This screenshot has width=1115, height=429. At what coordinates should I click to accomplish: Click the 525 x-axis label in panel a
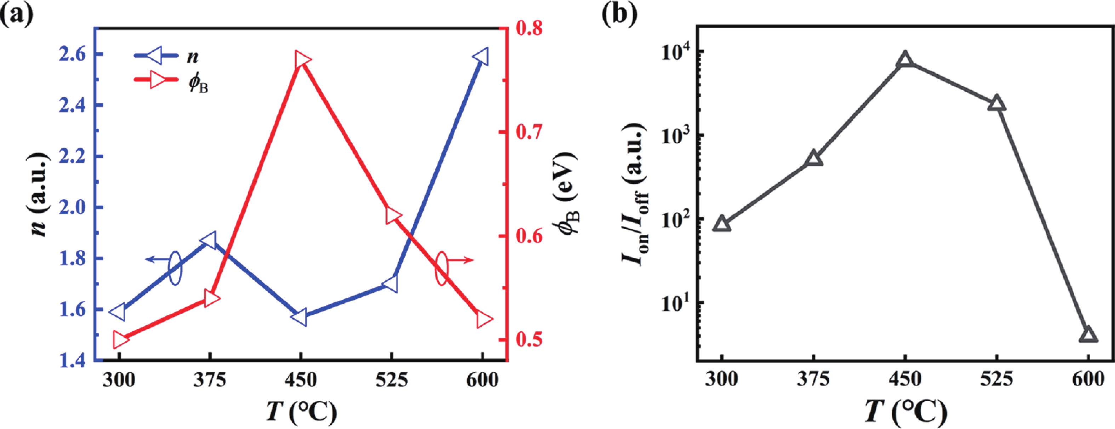tap(391, 381)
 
